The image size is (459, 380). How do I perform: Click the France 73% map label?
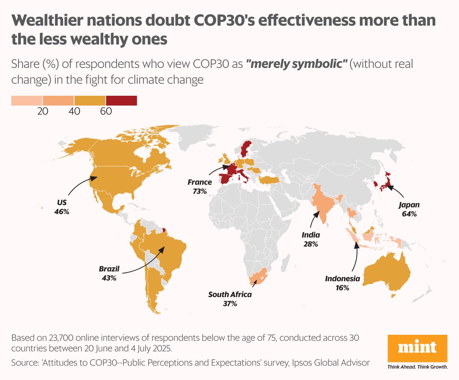(x=200, y=187)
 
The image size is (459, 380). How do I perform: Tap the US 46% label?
(x=62, y=207)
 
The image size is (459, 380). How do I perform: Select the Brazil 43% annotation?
(x=109, y=273)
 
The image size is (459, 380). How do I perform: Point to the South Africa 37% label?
(x=230, y=299)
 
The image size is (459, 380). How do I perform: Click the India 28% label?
(x=311, y=239)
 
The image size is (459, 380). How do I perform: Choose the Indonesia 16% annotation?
(x=342, y=283)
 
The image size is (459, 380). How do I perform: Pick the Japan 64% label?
(x=409, y=209)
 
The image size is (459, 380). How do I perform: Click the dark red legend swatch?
(x=121, y=101)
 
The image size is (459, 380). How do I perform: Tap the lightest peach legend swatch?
(x=27, y=101)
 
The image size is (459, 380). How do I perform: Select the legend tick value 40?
(x=74, y=112)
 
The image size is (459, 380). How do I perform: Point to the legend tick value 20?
(x=43, y=112)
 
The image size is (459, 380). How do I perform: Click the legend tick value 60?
(x=106, y=112)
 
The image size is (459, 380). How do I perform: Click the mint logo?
(x=417, y=348)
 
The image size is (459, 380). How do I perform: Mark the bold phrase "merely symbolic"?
(x=296, y=64)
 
